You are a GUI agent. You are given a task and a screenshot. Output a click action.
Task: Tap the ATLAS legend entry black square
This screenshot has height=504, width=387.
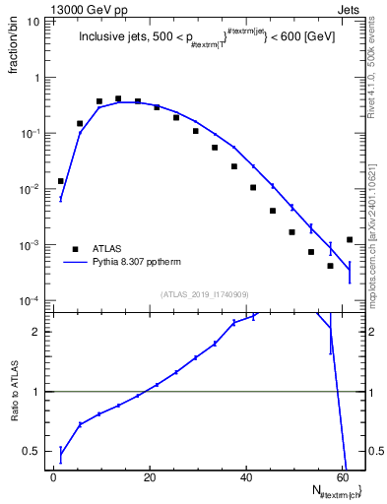(x=74, y=249)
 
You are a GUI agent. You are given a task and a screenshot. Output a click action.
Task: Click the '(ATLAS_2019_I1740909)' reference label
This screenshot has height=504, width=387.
(x=204, y=292)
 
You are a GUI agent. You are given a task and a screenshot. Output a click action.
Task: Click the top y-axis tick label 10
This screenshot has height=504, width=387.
(x=32, y=21)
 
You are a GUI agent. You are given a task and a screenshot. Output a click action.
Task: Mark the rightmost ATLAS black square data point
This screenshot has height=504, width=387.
(x=350, y=239)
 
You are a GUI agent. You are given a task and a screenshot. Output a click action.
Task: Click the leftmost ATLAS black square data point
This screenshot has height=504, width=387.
(x=61, y=181)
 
